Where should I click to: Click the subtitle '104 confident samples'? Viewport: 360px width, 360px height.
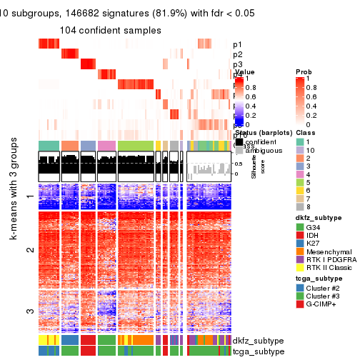click(x=110, y=31)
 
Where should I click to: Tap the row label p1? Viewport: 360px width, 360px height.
click(x=237, y=44)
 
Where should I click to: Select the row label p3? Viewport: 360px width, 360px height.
click(x=237, y=64)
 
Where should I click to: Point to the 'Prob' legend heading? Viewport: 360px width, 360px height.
click(x=304, y=73)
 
